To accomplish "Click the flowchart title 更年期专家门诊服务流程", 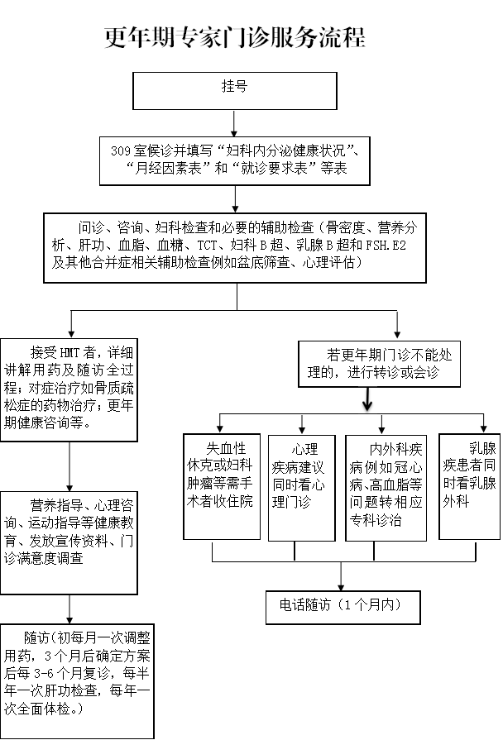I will (x=235, y=38).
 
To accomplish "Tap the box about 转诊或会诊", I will (x=379, y=364).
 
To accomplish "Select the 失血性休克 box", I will (x=221, y=488).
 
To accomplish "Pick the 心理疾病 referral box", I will (x=301, y=488).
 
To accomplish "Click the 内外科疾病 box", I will (x=386, y=488).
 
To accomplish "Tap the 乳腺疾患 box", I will (x=469, y=486).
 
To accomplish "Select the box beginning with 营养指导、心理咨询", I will (x=69, y=542).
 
